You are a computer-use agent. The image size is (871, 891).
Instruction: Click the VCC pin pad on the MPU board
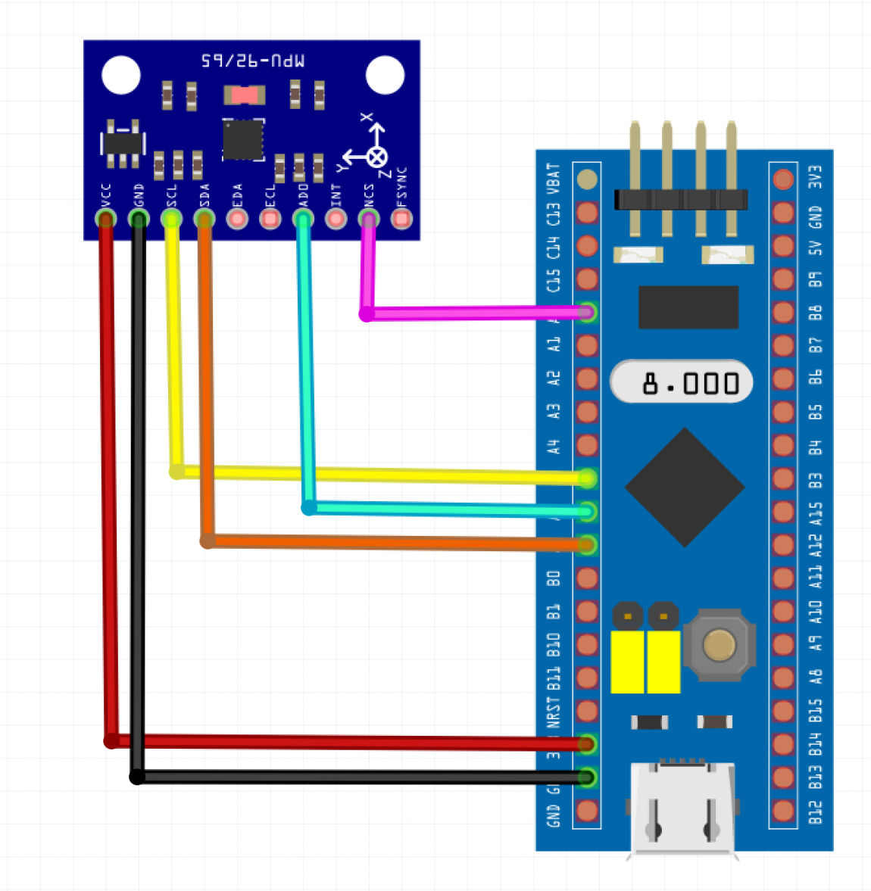[x=106, y=219]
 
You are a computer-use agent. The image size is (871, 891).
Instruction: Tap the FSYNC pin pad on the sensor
[x=401, y=219]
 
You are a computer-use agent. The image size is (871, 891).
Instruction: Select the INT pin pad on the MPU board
[x=336, y=219]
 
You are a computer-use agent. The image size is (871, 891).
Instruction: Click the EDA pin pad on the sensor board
[x=237, y=219]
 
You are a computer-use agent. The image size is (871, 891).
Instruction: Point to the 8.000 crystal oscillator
[x=682, y=382]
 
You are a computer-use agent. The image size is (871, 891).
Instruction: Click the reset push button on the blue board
[x=719, y=644]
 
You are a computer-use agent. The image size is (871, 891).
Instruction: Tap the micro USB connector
[x=682, y=808]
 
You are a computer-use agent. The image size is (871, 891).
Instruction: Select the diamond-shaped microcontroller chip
[x=685, y=487]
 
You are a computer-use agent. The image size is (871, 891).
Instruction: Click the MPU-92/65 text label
[x=253, y=61]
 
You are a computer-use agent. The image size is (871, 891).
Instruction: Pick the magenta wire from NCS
[x=470, y=313]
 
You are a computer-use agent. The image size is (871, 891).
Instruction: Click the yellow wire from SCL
[x=379, y=475]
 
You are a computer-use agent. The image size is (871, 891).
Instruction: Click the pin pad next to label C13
[x=587, y=213]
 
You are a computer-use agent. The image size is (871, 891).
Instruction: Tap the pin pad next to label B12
[x=783, y=811]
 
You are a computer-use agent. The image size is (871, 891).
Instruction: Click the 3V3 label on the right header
[x=815, y=178]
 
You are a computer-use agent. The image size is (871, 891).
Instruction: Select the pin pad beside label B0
[x=587, y=578]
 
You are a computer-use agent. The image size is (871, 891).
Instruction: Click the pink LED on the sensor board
[x=245, y=95]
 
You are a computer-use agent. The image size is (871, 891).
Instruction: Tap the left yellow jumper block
[x=627, y=661]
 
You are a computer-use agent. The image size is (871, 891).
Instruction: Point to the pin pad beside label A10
[x=783, y=611]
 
